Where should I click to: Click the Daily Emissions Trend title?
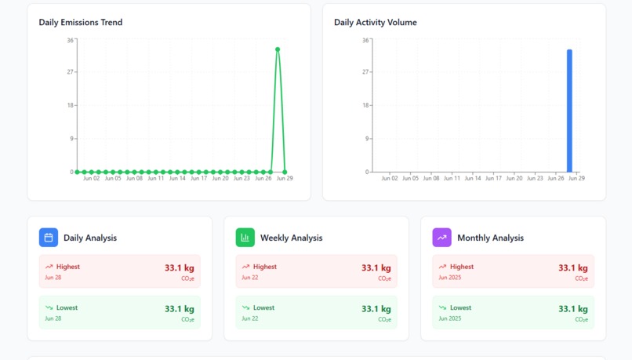tap(80, 22)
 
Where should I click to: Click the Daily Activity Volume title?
tap(375, 22)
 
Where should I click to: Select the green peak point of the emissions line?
tap(278, 49)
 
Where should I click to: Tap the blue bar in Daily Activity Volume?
tap(569, 111)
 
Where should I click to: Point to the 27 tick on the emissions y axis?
tap(70, 72)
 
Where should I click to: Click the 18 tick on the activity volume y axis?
tap(365, 105)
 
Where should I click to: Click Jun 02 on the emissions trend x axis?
tap(92, 179)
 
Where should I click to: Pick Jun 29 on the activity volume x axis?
tap(576, 179)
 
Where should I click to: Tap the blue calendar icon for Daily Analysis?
tap(49, 238)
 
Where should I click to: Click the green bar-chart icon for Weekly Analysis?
tap(245, 238)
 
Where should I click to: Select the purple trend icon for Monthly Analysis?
tap(442, 238)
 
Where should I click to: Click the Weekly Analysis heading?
tap(291, 238)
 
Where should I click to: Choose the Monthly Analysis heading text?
tap(490, 238)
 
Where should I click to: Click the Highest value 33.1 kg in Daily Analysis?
tap(179, 268)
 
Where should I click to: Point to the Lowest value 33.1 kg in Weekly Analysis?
tap(376, 309)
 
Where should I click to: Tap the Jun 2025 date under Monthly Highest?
tap(450, 278)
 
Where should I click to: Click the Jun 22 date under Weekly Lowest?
tap(249, 318)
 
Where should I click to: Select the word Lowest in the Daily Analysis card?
tap(67, 307)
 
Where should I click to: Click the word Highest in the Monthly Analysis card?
tap(461, 267)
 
